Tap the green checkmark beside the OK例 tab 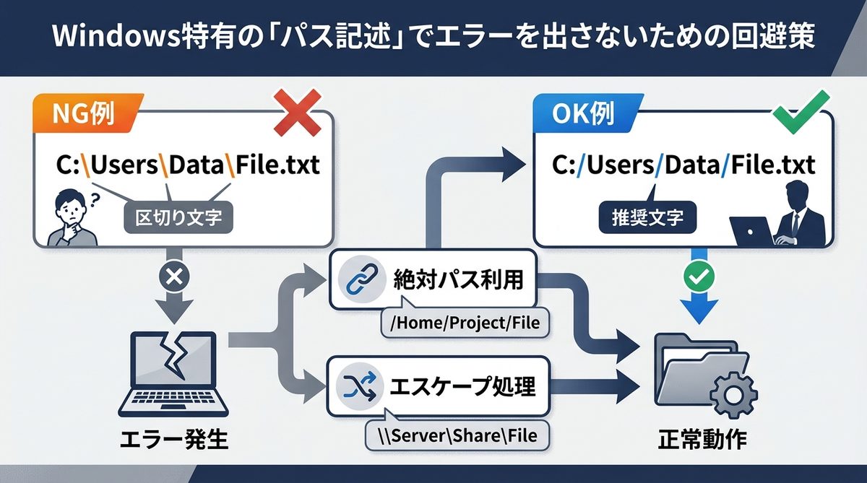(x=795, y=113)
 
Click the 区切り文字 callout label (x=179, y=217)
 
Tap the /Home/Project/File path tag (x=465, y=323)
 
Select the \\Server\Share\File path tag (x=460, y=435)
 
